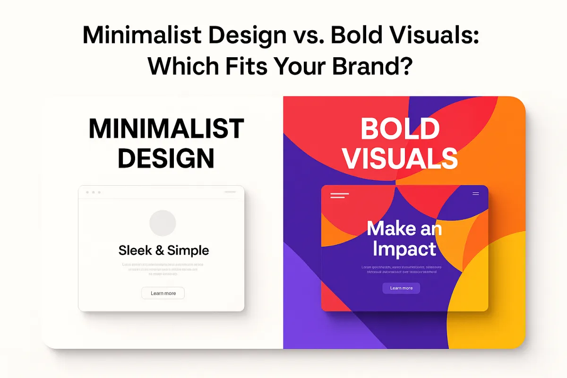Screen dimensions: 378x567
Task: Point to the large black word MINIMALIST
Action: coord(166,129)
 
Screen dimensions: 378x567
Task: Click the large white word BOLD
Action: coord(400,129)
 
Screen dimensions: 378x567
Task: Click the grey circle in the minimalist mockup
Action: coord(163,223)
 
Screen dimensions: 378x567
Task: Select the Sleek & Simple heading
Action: coord(163,250)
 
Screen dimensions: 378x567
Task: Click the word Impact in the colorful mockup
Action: coord(404,249)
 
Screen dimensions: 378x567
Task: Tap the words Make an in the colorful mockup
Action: coord(404,229)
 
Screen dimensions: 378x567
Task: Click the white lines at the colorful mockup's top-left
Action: coord(339,195)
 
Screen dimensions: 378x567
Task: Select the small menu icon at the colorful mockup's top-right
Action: coord(475,194)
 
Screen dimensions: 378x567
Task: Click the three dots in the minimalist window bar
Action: coord(93,192)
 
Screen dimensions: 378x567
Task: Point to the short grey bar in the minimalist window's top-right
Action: coord(230,192)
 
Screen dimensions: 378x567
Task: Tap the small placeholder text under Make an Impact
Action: coord(399,270)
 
